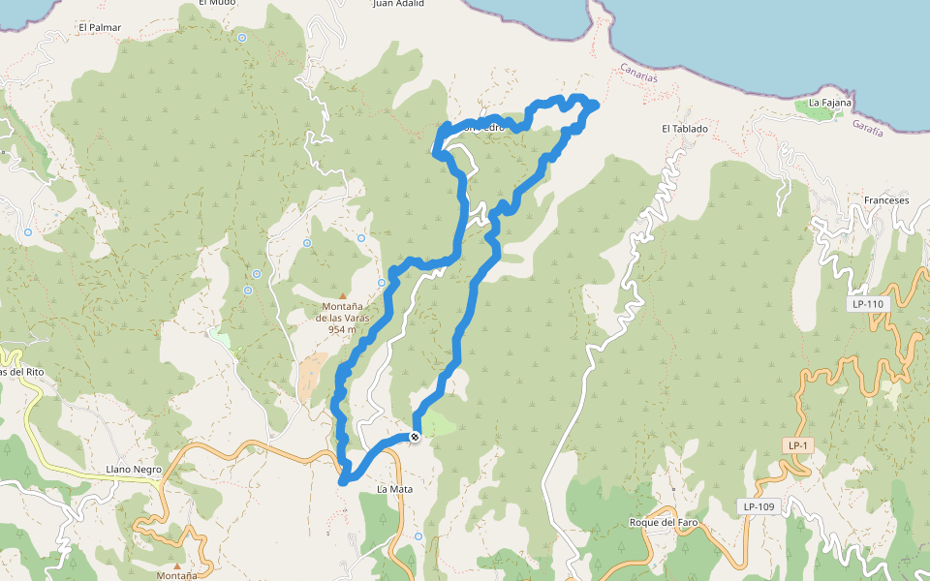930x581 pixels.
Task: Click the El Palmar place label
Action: point(102,27)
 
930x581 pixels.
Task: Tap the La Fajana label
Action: point(830,102)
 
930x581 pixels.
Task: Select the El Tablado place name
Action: point(685,129)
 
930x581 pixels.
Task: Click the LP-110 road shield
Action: point(868,304)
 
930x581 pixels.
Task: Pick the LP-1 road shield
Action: point(797,444)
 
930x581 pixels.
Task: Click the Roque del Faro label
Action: point(664,523)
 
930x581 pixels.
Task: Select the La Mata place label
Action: point(394,489)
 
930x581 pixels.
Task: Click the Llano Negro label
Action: point(134,470)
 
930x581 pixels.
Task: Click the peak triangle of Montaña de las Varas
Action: point(342,296)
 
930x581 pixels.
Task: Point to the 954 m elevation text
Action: point(342,329)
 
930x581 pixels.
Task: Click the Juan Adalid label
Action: point(398,4)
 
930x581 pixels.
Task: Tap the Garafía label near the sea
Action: point(867,127)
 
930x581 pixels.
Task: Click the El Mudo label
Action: point(217,3)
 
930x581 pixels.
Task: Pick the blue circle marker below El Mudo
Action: point(241,38)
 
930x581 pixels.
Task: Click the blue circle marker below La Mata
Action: point(418,535)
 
